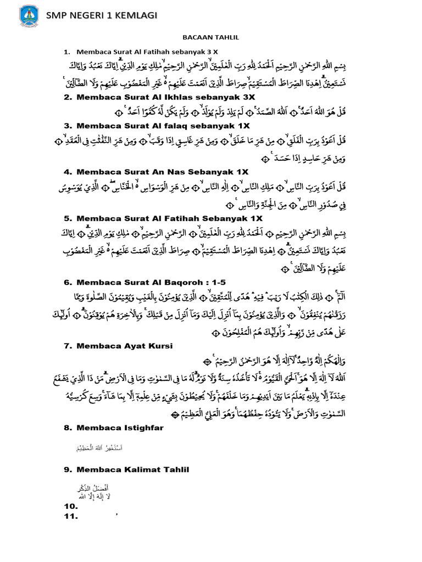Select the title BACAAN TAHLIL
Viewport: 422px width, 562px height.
pos(211,38)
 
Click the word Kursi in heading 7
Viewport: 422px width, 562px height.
pos(160,346)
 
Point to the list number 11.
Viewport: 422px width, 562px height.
pos(71,516)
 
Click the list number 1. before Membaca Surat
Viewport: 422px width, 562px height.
pos(67,52)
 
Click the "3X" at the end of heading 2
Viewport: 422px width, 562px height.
pos(248,97)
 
